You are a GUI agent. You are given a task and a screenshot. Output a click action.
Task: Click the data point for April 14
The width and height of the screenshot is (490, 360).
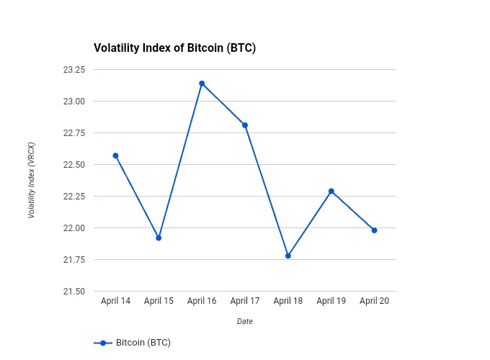coord(115,156)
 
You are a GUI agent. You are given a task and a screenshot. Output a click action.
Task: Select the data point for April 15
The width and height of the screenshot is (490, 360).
coord(159,238)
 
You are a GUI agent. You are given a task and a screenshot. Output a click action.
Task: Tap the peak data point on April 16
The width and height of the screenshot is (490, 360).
coord(202,84)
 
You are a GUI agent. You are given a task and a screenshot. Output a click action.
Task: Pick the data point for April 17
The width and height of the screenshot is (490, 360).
coord(245,125)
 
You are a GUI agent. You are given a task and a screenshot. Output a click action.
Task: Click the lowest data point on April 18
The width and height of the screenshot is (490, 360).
coord(288,256)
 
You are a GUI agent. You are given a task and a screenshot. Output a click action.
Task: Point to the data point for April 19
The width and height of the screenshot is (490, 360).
coord(331,191)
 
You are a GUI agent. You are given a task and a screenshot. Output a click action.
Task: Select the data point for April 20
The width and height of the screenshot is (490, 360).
coord(375,230)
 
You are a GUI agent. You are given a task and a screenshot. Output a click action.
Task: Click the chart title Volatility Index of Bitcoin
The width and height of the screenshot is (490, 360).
coord(175,48)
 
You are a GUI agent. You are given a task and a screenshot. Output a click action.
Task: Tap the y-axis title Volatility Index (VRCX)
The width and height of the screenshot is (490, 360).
coord(32,180)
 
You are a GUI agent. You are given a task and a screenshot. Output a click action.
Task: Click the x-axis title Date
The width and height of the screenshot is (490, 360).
coord(245,321)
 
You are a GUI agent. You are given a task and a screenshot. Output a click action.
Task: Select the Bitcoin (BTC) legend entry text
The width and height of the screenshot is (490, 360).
coord(143,343)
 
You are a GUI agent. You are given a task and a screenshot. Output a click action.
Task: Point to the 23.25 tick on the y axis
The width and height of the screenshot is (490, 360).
coord(74,70)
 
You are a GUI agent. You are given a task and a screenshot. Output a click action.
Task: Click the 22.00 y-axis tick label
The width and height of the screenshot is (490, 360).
coord(74,228)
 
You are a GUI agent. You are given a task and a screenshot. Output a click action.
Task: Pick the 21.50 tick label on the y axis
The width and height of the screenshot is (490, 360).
coord(74,292)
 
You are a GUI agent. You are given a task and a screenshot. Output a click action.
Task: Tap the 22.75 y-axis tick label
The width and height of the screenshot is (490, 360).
coord(74,133)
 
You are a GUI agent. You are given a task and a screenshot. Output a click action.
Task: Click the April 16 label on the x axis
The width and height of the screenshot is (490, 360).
coord(202,301)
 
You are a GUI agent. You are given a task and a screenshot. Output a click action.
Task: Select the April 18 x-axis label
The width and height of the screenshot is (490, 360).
coord(288,301)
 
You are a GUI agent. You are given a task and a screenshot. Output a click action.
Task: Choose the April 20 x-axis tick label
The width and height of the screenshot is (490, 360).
coord(375,301)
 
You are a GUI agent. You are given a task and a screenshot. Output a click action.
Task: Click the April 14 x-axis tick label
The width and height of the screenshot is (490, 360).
coord(115,301)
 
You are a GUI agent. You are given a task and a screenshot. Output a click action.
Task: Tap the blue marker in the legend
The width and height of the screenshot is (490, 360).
coord(103,343)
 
